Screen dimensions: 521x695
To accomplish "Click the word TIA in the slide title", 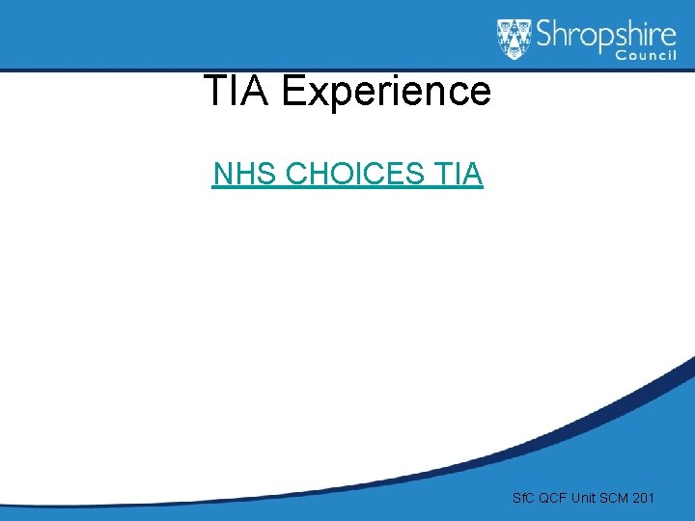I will (x=237, y=92).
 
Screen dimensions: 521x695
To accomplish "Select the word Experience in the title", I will (x=386, y=92).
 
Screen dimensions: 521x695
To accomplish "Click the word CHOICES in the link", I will (x=354, y=174).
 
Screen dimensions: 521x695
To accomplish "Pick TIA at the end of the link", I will (x=459, y=174).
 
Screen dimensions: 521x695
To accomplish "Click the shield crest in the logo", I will (x=514, y=38).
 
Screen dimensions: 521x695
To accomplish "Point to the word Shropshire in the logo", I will (x=606, y=36).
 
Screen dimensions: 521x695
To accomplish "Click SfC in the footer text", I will (x=523, y=499).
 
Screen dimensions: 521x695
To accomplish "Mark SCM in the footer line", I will (x=616, y=499).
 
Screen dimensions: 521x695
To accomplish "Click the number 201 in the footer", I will (x=645, y=499).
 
